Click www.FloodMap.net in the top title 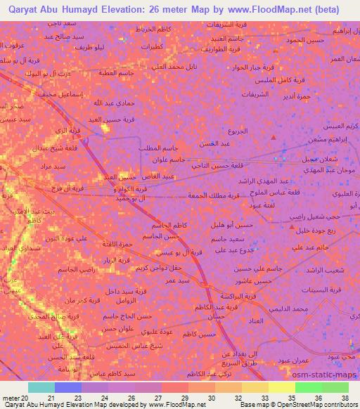(274, 10)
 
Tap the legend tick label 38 (345, 397)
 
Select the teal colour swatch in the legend (41, 387)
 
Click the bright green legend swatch (308, 387)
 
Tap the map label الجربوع (237, 131)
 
